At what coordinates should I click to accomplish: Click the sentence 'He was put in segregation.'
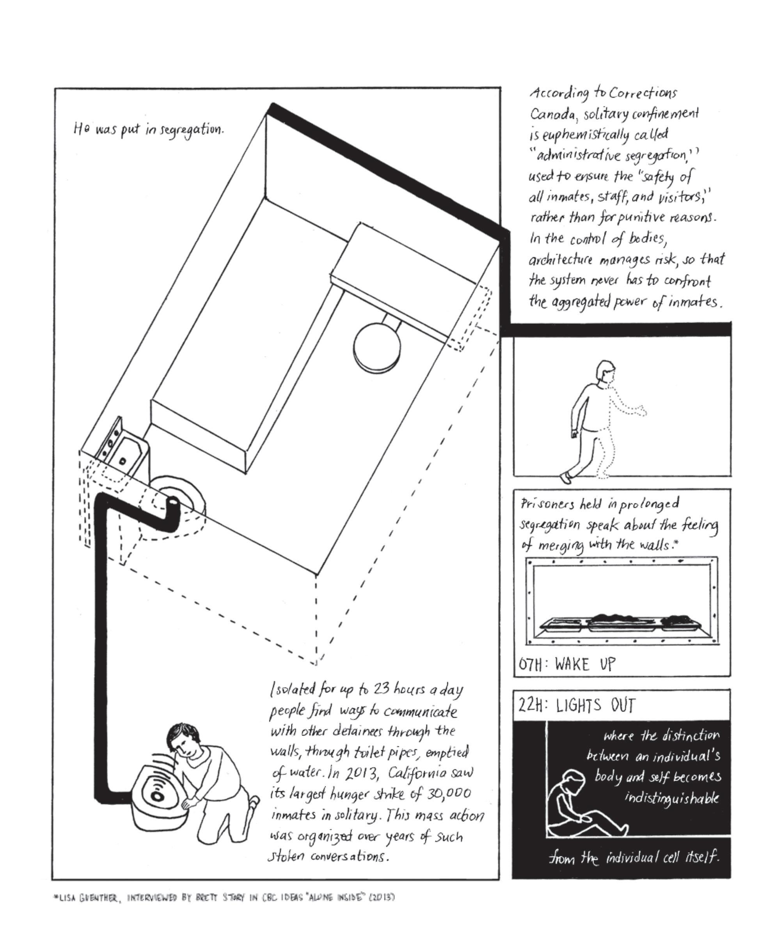click(148, 130)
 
